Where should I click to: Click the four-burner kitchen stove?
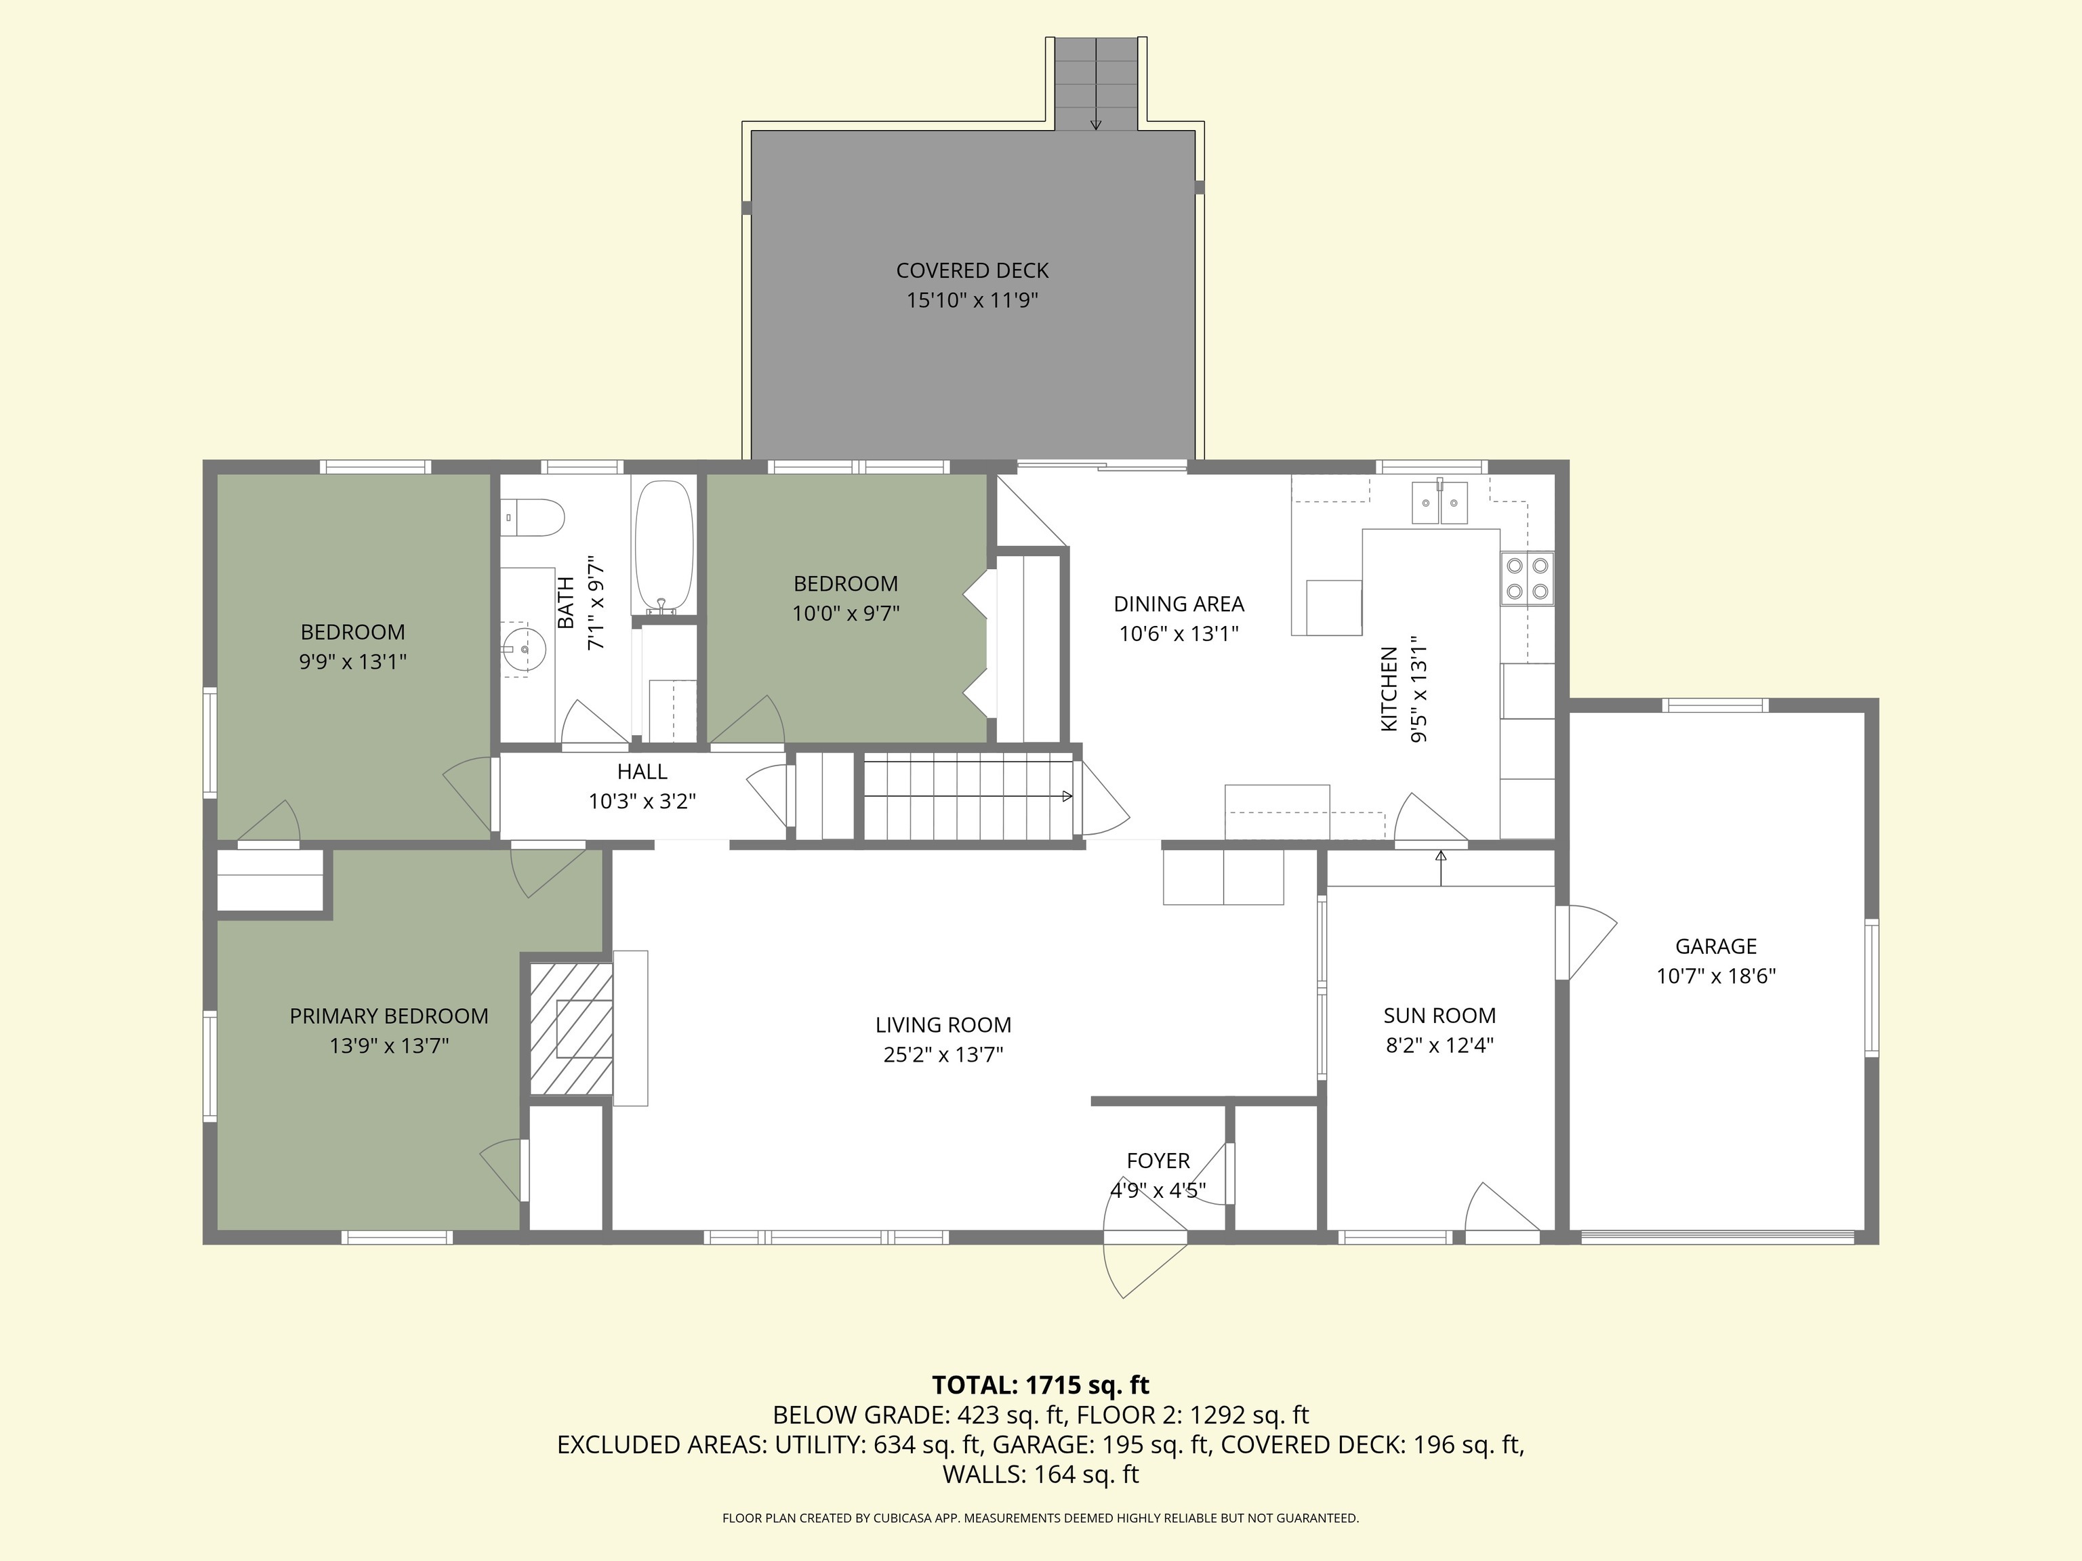[x=1527, y=578]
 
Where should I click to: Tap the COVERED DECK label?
[x=971, y=271]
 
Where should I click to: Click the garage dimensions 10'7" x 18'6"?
[x=1715, y=976]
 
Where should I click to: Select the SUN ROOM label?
[x=1438, y=1016]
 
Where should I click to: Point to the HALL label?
[x=642, y=772]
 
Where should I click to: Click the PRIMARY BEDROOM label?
[x=389, y=1016]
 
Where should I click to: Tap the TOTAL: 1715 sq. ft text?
[x=1040, y=1385]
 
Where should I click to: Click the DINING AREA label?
[x=1179, y=604]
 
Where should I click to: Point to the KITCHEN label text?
[x=1388, y=689]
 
